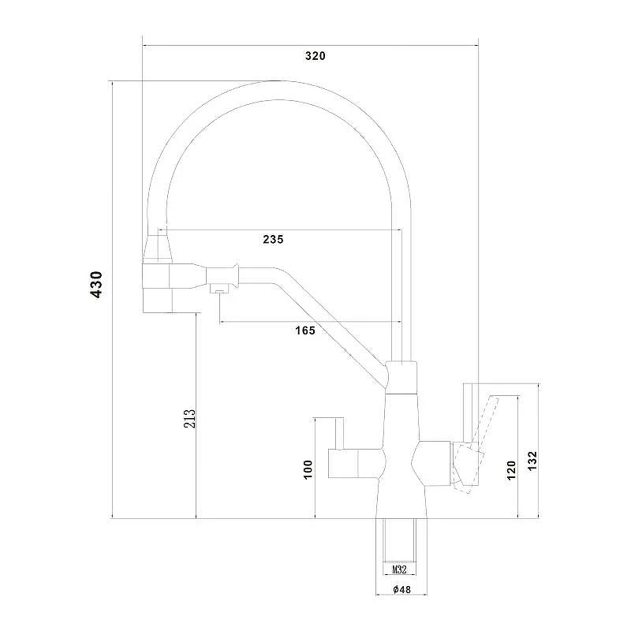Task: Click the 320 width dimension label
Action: (x=315, y=56)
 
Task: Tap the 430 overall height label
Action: (x=96, y=285)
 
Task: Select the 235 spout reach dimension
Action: (x=273, y=240)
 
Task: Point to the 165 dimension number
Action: (x=305, y=330)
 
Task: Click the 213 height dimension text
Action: (x=189, y=419)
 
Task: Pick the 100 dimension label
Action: (x=308, y=469)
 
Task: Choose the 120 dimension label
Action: (x=511, y=470)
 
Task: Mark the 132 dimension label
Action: (x=532, y=461)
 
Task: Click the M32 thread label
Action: (x=399, y=569)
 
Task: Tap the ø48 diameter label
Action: (x=401, y=589)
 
